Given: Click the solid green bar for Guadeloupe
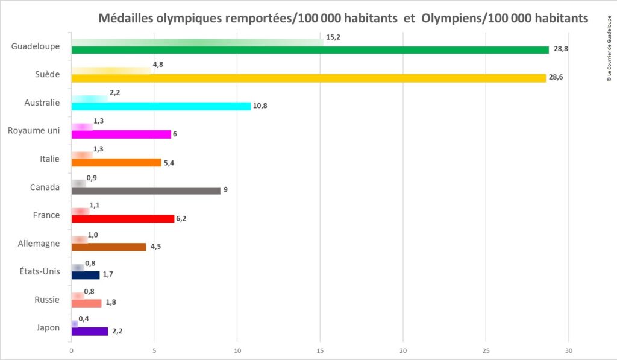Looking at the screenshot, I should click(x=310, y=50).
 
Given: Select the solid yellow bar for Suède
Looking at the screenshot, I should click(x=308, y=78).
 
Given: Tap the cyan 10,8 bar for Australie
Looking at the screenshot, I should click(x=161, y=106).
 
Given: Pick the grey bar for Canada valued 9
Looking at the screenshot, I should click(x=146, y=191).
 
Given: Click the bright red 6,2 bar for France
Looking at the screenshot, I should click(x=123, y=219).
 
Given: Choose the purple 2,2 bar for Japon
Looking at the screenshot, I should click(x=90, y=331).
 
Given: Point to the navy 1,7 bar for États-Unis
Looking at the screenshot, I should click(x=86, y=275).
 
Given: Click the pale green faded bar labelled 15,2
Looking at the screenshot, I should click(x=197, y=42).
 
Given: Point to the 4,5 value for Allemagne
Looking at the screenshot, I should click(x=155, y=247).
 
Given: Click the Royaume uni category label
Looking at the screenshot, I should click(x=33, y=131).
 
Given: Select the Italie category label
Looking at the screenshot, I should click(x=48, y=159).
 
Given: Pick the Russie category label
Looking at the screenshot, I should click(x=47, y=300).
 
